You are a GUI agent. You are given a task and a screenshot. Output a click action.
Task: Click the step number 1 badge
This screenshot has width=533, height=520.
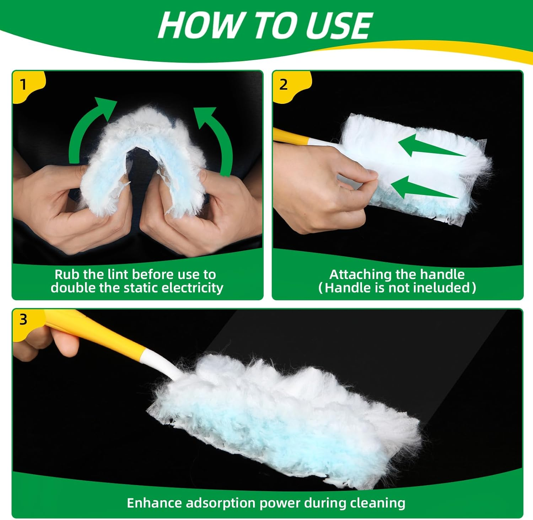[23, 85]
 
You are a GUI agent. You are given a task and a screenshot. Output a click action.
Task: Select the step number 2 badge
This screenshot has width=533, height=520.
[283, 85]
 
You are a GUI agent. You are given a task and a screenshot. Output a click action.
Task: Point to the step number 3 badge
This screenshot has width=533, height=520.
[23, 320]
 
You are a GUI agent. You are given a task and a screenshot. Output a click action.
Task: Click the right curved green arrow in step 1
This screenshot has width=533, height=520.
[217, 139]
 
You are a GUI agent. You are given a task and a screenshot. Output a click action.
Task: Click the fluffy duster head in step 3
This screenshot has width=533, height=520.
[284, 416]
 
